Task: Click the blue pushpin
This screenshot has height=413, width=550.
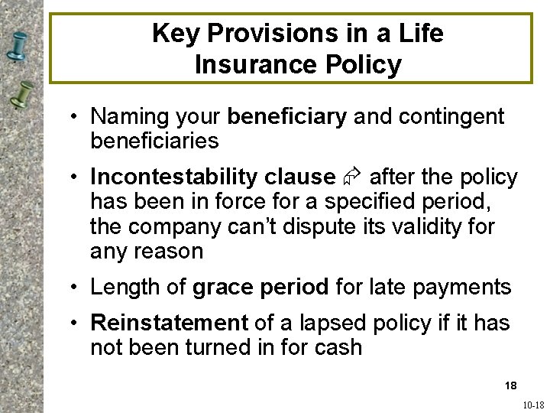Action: (x=21, y=46)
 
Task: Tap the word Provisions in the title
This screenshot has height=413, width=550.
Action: (x=279, y=34)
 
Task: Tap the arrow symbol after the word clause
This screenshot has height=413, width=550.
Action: (x=351, y=177)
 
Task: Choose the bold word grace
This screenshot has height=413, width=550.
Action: (x=223, y=288)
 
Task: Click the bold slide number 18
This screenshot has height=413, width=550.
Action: (x=510, y=384)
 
